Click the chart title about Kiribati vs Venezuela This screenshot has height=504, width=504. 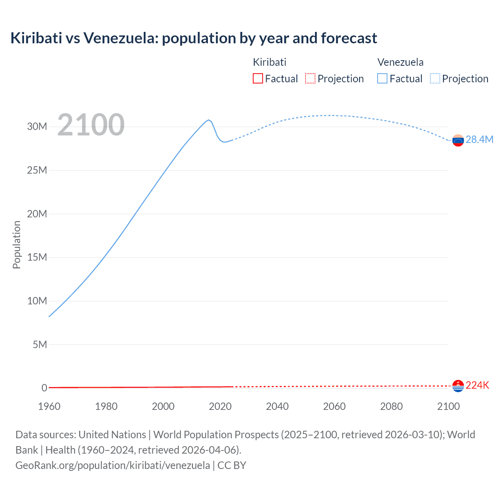pos(193,38)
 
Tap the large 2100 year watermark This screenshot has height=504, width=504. pos(91,125)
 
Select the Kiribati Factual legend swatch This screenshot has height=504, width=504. pos(258,78)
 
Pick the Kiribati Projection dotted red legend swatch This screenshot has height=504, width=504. pos(310,78)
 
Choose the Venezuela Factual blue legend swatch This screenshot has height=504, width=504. pos(382,78)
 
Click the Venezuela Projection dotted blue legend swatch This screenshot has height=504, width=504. pos(435,78)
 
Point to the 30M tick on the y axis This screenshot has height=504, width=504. pos(37,126)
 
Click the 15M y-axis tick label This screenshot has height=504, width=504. pos(37,257)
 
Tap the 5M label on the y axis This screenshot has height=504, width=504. pos(39,345)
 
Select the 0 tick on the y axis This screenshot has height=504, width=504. pos(44,388)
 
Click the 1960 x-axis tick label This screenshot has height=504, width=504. pos(49,406)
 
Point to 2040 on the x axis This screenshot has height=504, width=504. pos(277,406)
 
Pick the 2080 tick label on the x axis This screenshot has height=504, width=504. pos(391,406)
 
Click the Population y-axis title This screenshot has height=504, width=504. pos(17,245)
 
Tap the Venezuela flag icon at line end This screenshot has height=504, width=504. pos(458,140)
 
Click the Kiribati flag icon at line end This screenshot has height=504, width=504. pos(458,386)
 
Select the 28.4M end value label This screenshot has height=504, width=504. pos(479,140)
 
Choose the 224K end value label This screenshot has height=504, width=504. pos(477,385)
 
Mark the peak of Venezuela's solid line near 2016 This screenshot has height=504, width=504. pos(209,120)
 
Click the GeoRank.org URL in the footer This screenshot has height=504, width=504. pos(113,465)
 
